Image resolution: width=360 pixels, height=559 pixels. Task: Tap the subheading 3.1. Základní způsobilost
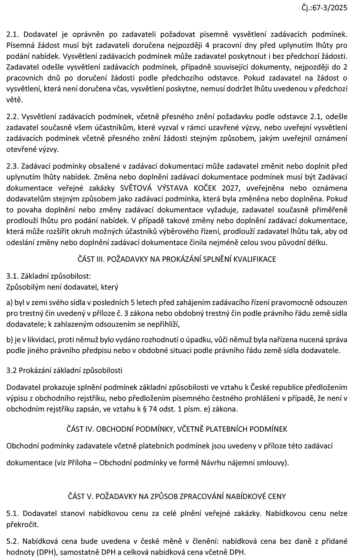pos(49,276)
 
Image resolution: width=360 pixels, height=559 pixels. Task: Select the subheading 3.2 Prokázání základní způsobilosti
pos(65,370)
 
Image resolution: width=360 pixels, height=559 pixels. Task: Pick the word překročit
pos(22,524)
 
